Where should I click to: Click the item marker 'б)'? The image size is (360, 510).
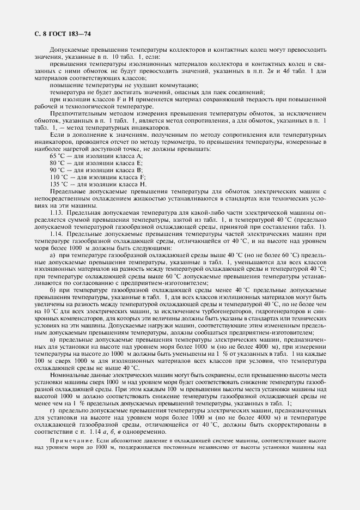53,290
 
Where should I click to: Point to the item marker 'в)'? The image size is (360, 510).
53,340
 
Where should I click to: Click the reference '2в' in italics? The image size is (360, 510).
262,71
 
